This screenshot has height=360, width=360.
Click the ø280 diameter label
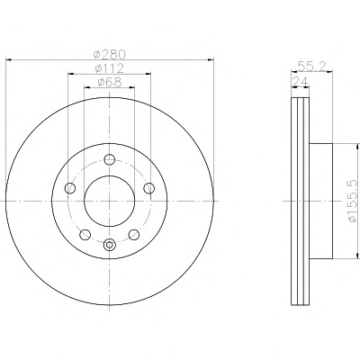pos(109,54)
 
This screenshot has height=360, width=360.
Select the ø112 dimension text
pos(109,68)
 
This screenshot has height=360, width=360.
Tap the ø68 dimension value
pos(110,82)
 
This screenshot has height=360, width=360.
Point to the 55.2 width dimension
pos(311,66)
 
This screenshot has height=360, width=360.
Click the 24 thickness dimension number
pos(301,81)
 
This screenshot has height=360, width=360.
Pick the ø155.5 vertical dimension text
pos(353,201)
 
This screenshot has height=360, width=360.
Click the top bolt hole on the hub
pos(110,159)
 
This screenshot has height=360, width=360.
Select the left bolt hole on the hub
pos(70,188)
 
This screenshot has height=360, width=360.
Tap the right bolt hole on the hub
pos(148,188)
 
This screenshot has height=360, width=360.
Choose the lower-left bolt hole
pos(85,234)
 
